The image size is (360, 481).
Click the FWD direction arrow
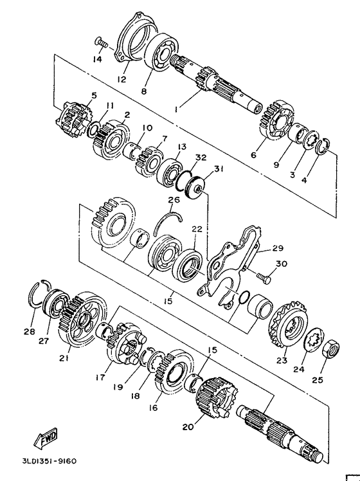pyautogui.click(x=46, y=437)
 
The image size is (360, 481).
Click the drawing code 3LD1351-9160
pyautogui.click(x=50, y=461)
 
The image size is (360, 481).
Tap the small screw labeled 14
pyautogui.click(x=102, y=43)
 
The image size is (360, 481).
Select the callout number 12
pyautogui.click(x=122, y=79)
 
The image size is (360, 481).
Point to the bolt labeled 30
pyautogui.click(x=264, y=277)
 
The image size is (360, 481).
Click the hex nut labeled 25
pyautogui.click(x=331, y=349)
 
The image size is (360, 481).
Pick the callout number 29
pyautogui.click(x=278, y=248)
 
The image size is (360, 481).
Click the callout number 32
pyautogui.click(x=201, y=158)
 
